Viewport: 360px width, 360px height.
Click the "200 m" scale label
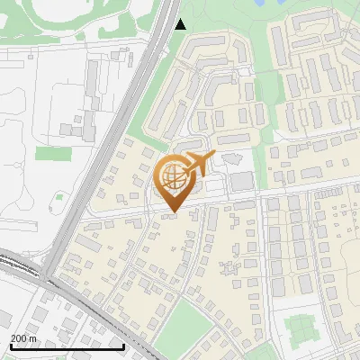point(25,337)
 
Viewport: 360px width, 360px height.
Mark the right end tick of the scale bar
point(123,345)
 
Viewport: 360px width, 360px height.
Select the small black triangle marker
point(180,24)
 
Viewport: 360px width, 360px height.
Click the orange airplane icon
point(194,165)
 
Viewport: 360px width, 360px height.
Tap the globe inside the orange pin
point(172,180)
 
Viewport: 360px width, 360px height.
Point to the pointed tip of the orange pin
point(172,212)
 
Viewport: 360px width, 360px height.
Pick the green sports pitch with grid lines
point(302,329)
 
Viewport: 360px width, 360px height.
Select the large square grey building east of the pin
point(241,181)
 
